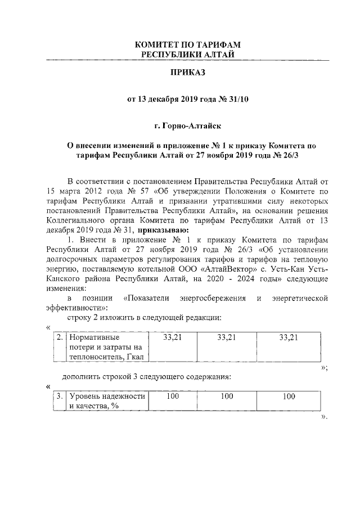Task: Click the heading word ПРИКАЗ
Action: (x=186, y=74)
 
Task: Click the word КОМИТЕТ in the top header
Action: (x=164, y=44)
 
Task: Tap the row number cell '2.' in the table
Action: (x=60, y=338)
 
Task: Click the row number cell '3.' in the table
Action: (x=60, y=397)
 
